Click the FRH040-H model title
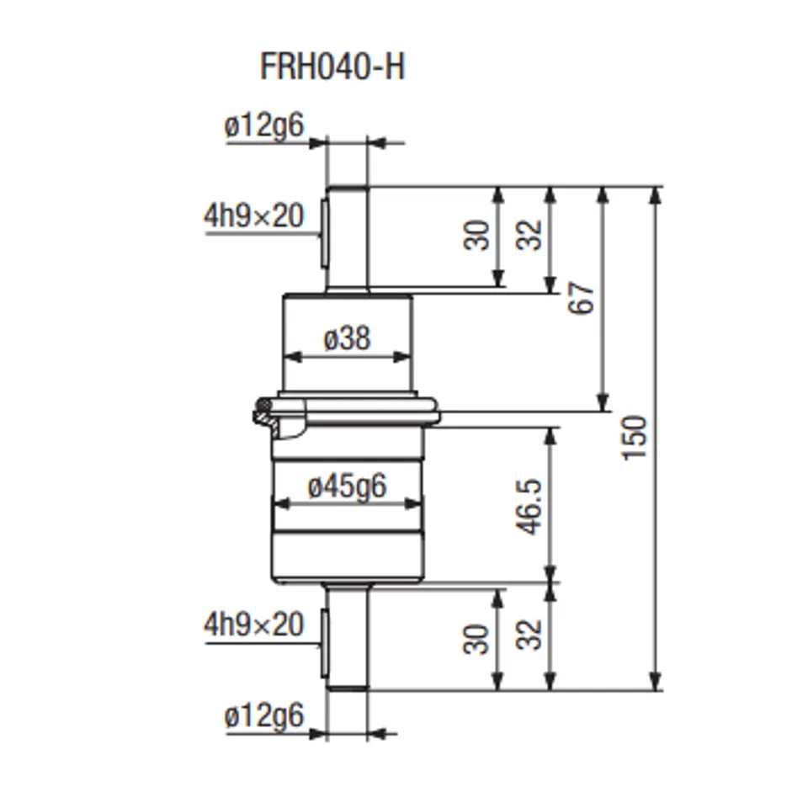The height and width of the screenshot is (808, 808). click(332, 66)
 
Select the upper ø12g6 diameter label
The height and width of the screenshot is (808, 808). click(263, 126)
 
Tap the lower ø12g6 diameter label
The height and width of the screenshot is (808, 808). click(263, 717)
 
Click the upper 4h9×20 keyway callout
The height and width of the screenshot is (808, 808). click(252, 216)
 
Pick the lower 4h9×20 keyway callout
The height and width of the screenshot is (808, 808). click(252, 625)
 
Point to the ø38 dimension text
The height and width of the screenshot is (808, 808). click(347, 338)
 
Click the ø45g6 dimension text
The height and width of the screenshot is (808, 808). click(347, 486)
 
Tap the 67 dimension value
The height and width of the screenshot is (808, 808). click(582, 299)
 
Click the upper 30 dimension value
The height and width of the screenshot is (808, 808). click(476, 236)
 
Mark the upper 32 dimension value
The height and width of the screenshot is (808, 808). click(529, 236)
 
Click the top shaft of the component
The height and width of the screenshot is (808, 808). click(348, 240)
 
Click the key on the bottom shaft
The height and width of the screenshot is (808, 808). click(324, 644)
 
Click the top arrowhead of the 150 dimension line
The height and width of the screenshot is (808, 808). click(656, 194)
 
